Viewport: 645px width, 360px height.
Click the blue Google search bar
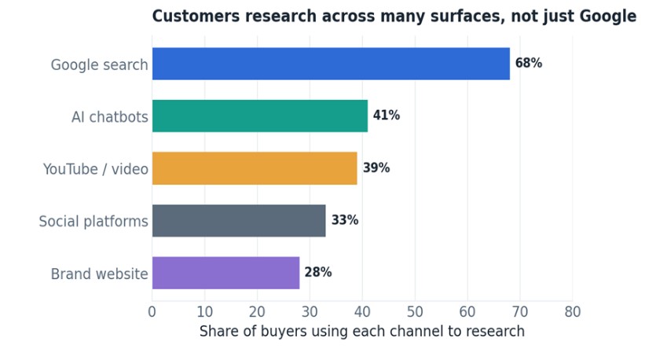point(331,64)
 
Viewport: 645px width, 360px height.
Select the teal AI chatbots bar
point(260,116)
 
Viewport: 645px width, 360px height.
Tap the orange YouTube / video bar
point(255,168)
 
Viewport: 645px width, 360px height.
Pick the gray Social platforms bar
point(239,221)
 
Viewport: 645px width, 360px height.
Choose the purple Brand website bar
point(225,273)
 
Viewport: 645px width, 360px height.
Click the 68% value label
point(529,63)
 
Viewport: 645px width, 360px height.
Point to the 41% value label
point(387,116)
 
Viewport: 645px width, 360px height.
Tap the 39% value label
point(376,168)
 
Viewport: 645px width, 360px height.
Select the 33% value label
point(345,220)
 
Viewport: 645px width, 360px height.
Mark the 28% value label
point(318,272)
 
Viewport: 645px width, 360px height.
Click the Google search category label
point(99,65)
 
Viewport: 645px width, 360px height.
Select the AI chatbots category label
point(110,117)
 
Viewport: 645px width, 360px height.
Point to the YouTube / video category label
point(95,169)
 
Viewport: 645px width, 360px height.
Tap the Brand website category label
point(99,274)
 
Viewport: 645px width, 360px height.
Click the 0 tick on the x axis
point(152,312)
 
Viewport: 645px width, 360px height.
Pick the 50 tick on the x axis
point(415,312)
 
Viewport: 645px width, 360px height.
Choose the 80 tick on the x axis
point(573,312)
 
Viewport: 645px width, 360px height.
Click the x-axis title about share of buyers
point(362,331)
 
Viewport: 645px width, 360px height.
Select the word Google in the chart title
point(608,17)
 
